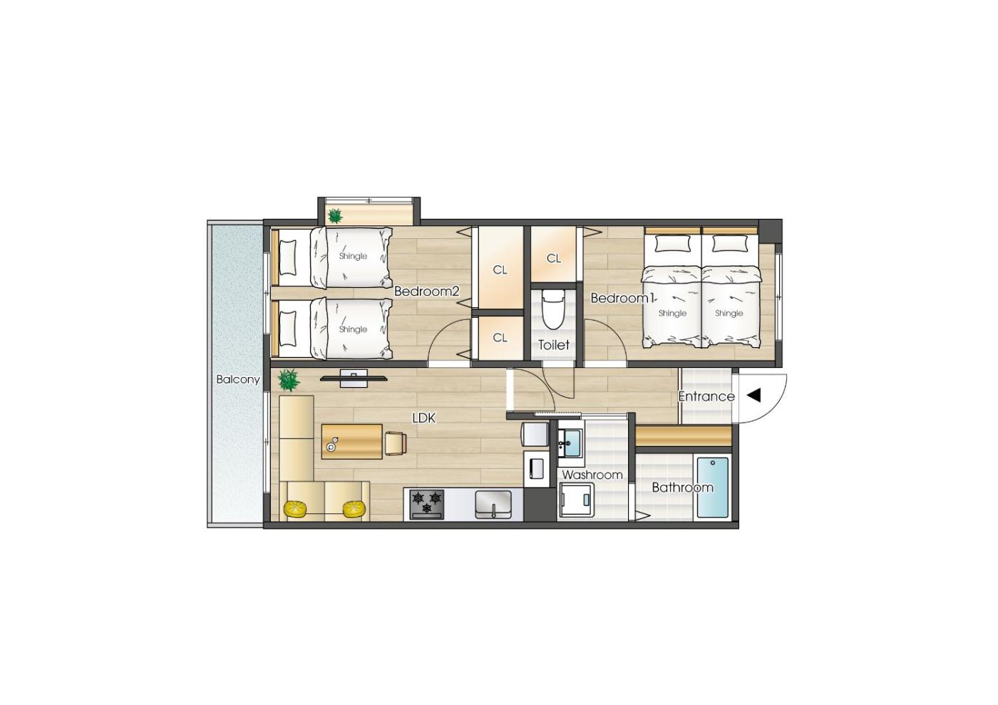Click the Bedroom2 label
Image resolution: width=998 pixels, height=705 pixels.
coord(426,292)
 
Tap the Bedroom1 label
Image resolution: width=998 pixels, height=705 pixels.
coord(622,298)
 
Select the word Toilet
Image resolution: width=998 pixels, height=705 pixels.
coord(554,344)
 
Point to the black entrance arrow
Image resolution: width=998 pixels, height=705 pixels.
coord(754,396)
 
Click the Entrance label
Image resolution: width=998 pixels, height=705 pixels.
coord(706,396)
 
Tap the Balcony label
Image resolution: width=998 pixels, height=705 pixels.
coord(238,380)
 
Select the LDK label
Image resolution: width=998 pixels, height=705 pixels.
coord(423,418)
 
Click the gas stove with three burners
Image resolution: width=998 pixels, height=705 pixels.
coord(427,505)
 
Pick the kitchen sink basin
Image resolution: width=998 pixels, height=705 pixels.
coord(493,505)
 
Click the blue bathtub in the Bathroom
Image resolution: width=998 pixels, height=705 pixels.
coord(713,488)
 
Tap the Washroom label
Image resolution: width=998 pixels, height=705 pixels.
coord(592,475)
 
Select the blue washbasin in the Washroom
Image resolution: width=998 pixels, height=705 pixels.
coord(570,443)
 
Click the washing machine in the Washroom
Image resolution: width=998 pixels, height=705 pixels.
coord(576,500)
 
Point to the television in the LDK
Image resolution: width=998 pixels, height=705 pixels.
coord(354,379)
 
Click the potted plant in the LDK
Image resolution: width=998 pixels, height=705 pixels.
coord(289,380)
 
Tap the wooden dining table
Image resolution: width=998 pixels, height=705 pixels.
coord(352,442)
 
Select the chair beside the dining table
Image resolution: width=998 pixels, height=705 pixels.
coord(396,443)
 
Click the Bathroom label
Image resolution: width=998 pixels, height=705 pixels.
coord(683,488)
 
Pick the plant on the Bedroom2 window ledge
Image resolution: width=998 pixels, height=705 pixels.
coord(334,217)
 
